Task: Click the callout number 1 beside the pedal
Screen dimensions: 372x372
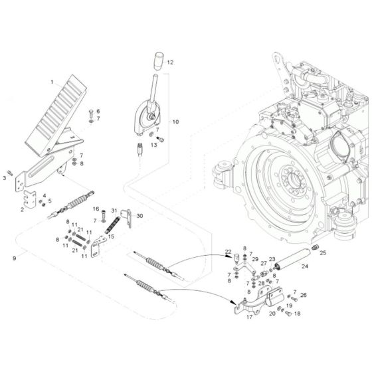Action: pos(51,81)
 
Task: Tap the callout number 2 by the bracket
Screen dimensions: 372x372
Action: pos(22,209)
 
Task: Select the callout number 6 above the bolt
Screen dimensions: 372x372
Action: pos(98,110)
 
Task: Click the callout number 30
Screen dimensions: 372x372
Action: pos(139,215)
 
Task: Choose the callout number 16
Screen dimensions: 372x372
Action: pos(96,209)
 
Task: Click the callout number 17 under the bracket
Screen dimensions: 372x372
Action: pos(250,317)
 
